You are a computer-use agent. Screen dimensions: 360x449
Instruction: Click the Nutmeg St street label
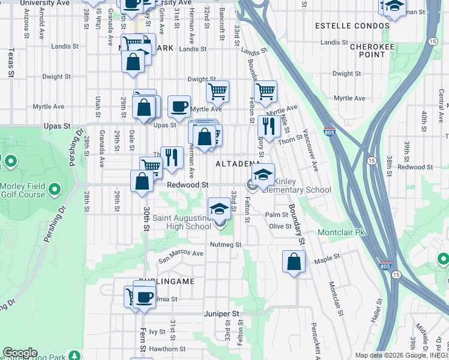tap(225, 245)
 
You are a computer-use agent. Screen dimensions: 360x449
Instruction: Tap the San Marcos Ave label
tap(181, 257)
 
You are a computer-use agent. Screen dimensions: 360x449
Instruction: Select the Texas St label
tap(11, 63)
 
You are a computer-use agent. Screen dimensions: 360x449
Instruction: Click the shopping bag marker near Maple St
tap(294, 262)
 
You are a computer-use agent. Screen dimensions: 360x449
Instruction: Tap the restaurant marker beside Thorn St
tap(268, 127)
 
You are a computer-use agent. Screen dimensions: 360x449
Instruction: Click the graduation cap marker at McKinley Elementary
tap(263, 175)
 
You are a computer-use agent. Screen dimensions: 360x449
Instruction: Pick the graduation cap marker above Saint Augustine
tap(219, 209)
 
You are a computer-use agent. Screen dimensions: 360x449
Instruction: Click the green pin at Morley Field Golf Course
tap(55, 190)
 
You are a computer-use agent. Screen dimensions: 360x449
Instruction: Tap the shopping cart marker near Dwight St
tap(217, 92)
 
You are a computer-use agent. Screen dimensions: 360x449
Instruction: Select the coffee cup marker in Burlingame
tap(144, 296)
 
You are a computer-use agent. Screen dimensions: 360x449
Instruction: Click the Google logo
tap(20, 353)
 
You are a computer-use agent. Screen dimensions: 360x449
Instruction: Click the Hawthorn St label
tap(167, 349)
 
